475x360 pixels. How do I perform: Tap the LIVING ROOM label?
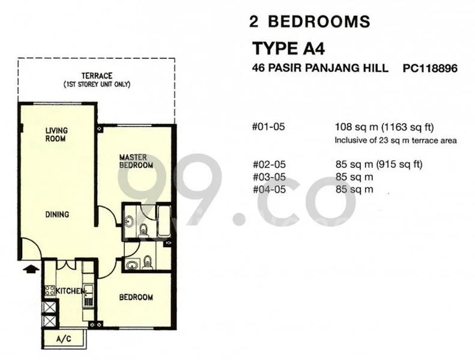pyautogui.click(x=56, y=134)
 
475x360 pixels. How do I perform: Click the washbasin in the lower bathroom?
pyautogui.click(x=130, y=262)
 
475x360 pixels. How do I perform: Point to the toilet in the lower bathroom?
pyautogui.click(x=147, y=260)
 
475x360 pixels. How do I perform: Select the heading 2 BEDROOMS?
pyautogui.click(x=309, y=22)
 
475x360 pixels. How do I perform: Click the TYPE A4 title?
pyautogui.click(x=292, y=47)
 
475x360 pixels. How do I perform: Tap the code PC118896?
pyautogui.click(x=431, y=69)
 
